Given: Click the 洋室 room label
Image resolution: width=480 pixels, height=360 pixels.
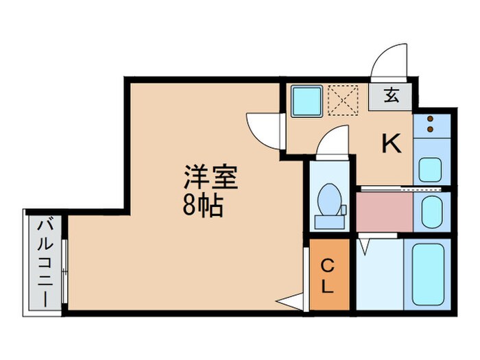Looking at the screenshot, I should (x=210, y=178).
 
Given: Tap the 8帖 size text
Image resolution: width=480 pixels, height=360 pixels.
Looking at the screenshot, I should (x=203, y=206).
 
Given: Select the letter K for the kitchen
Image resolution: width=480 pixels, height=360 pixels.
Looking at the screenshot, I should (x=391, y=144).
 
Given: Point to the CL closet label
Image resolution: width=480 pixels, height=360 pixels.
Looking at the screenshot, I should (x=328, y=274).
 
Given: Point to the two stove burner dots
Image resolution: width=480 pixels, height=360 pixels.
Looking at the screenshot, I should (x=431, y=123).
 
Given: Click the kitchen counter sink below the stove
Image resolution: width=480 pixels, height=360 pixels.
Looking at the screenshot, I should (x=431, y=168).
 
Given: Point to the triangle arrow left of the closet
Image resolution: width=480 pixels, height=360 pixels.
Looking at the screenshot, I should (x=291, y=301).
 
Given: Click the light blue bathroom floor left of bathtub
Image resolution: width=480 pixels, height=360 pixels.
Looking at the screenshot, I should (x=380, y=274).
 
